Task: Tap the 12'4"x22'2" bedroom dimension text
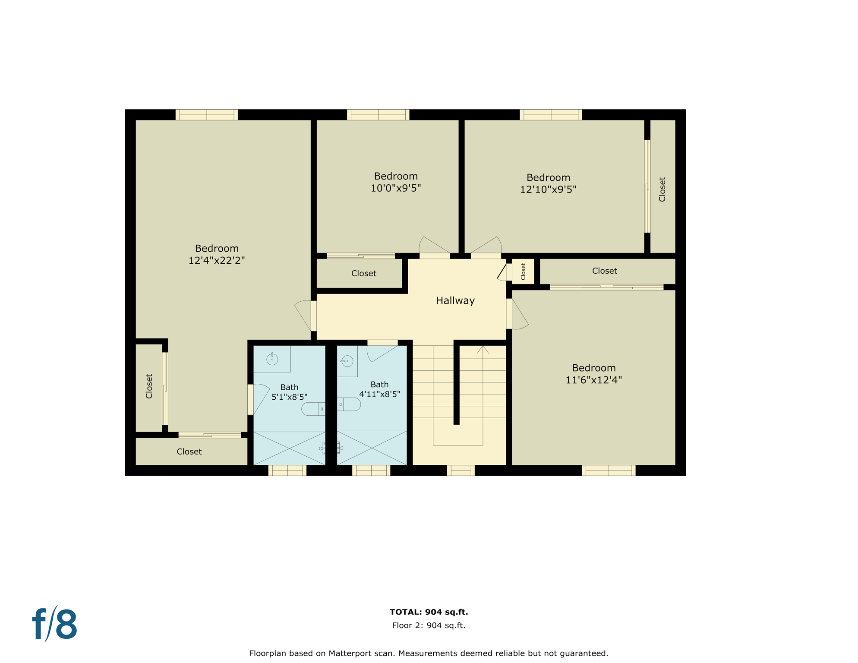pyautogui.click(x=216, y=260)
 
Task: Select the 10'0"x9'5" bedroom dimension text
pyautogui.click(x=395, y=188)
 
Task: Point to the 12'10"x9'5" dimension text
pyautogui.click(x=548, y=189)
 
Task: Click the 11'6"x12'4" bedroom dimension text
pyautogui.click(x=593, y=380)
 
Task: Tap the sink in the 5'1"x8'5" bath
pyautogui.click(x=272, y=359)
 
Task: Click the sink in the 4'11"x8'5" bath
pyautogui.click(x=347, y=361)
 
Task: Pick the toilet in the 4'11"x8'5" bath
pyautogui.click(x=350, y=404)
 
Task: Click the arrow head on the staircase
pyautogui.click(x=483, y=350)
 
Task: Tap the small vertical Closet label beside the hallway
pyautogui.click(x=523, y=272)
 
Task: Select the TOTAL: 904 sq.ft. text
pyautogui.click(x=429, y=612)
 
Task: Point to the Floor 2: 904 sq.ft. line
pyautogui.click(x=429, y=625)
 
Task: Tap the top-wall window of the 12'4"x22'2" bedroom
pyautogui.click(x=206, y=115)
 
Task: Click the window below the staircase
pyautogui.click(x=461, y=470)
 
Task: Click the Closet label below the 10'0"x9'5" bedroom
pyautogui.click(x=363, y=273)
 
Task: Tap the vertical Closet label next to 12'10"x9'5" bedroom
pyautogui.click(x=662, y=189)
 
